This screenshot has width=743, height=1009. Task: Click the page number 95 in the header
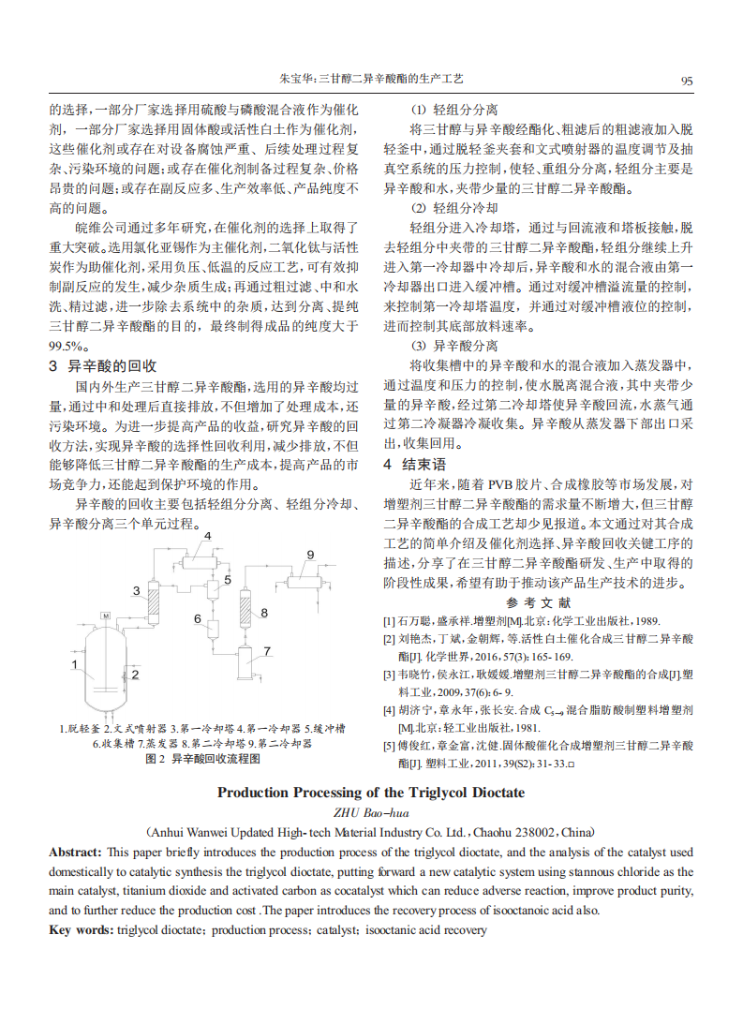[x=687, y=82]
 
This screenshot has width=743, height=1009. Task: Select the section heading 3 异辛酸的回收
[x=102, y=365]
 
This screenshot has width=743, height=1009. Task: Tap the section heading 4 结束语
[x=414, y=464]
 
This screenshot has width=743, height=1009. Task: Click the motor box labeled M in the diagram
[x=106, y=615]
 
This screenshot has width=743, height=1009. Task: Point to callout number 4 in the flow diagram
[x=207, y=536]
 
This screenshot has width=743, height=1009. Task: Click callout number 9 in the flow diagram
[x=310, y=555]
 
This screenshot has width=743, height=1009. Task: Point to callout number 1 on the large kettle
[x=74, y=664]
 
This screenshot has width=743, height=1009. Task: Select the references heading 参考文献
[x=538, y=602]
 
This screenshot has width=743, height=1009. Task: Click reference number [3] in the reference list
[x=389, y=675]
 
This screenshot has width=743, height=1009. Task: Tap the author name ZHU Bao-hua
[x=371, y=811]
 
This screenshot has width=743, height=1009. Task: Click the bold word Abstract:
[x=75, y=852]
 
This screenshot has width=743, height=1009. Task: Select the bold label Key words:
[x=81, y=929]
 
